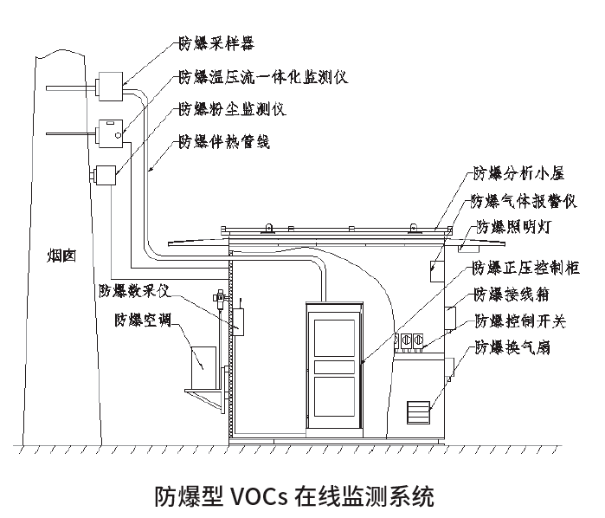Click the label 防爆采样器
click(x=216, y=41)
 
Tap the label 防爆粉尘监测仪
click(x=231, y=109)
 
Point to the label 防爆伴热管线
click(x=223, y=141)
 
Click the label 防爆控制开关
click(x=519, y=321)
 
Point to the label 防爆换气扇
click(x=512, y=348)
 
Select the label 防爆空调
click(x=143, y=319)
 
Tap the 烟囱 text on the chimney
click(x=61, y=256)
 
